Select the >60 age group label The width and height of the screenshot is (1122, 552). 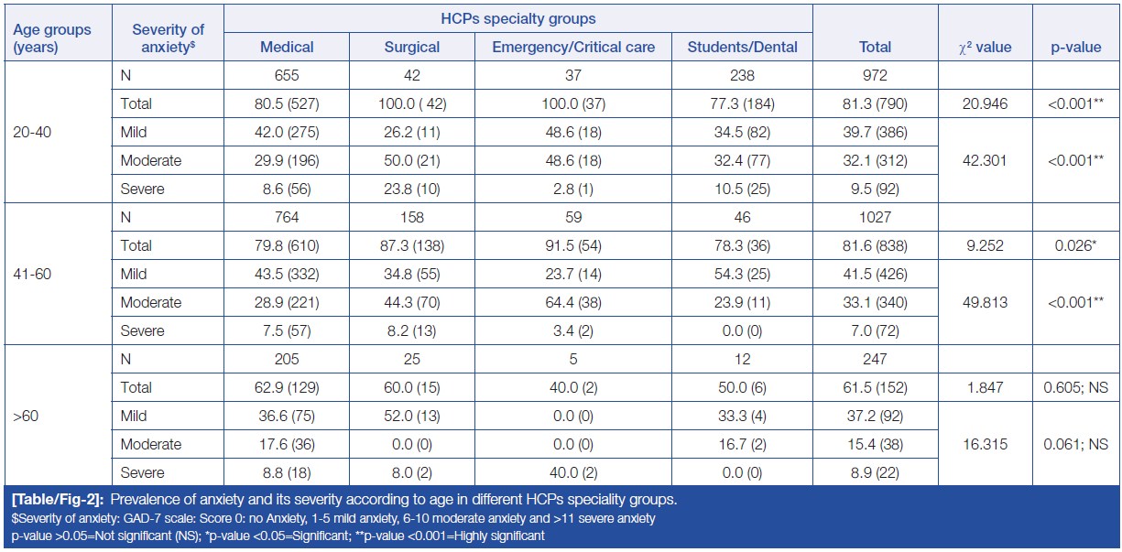[25, 416]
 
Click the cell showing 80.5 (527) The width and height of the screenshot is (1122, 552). [287, 103]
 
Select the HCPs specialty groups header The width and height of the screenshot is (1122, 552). [517, 18]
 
